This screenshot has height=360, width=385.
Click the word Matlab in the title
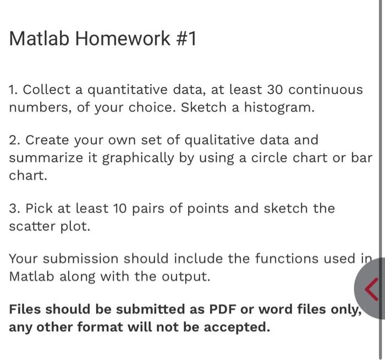point(39,39)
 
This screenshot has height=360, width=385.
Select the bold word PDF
point(222,309)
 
